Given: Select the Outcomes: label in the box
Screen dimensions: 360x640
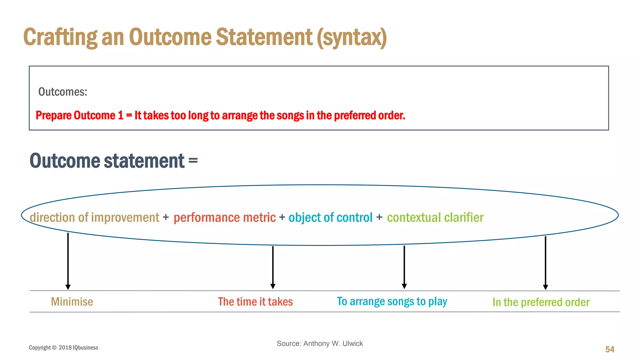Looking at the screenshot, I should pyautogui.click(x=62, y=92).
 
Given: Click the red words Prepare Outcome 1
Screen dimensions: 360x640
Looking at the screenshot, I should pyautogui.click(x=79, y=116).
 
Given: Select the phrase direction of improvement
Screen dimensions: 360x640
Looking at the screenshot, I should pyautogui.click(x=94, y=217).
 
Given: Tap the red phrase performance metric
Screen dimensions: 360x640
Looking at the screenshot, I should pyautogui.click(x=224, y=217).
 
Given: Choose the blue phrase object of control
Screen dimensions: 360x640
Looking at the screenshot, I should pyautogui.click(x=330, y=217).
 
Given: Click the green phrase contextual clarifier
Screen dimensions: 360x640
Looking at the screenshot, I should pyautogui.click(x=435, y=217).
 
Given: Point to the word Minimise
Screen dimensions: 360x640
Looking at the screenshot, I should pyautogui.click(x=72, y=302).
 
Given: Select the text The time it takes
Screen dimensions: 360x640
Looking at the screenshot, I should pyautogui.click(x=255, y=302).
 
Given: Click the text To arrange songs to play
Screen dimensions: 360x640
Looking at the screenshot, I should pyautogui.click(x=392, y=302).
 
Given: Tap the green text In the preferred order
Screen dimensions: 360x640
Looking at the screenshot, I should pyautogui.click(x=541, y=302).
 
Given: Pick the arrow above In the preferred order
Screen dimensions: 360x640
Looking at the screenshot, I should pyautogui.click(x=545, y=262).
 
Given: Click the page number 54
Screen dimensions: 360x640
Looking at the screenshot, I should pyautogui.click(x=610, y=349).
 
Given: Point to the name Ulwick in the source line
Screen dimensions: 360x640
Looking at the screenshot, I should pyautogui.click(x=352, y=343).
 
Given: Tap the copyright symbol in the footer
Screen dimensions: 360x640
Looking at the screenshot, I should pyautogui.click(x=54, y=347).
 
